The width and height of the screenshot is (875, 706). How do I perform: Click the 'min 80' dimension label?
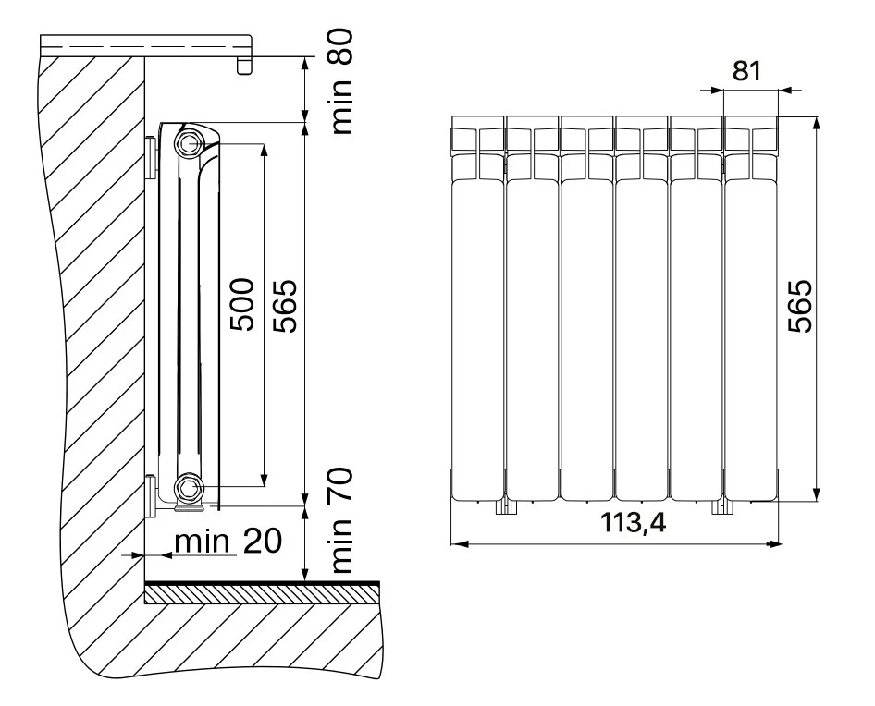tap(342, 82)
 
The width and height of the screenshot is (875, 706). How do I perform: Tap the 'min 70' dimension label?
tap(342, 521)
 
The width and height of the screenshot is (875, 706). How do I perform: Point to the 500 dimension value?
tap(241, 305)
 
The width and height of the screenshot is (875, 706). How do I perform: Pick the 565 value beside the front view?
tap(799, 306)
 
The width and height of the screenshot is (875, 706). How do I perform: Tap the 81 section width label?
tap(746, 71)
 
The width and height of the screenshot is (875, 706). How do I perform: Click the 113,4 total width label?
tap(634, 523)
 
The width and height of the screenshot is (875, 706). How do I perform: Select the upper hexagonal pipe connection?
tap(187, 143)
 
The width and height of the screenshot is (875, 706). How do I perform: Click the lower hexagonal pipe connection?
tap(187, 488)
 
